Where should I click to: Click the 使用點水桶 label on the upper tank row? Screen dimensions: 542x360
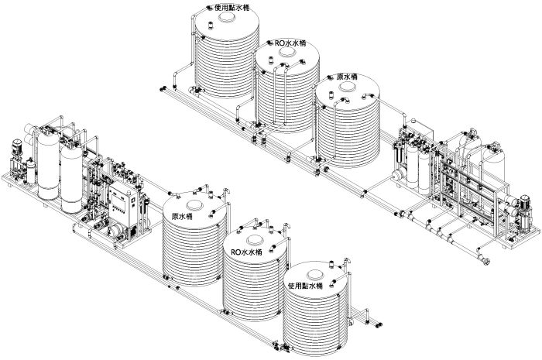pos(232,8)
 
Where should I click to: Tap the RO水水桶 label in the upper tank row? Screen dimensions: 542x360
pos(290,43)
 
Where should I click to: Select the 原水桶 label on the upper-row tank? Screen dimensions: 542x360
pos(347,77)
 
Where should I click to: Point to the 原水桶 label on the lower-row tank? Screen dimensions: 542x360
pos(182,217)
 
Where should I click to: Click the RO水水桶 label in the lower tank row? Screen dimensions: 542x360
pos(246,252)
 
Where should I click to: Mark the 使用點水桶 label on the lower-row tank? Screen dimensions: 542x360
pos(305,286)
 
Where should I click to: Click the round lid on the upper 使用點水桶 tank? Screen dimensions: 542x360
pos(227,17)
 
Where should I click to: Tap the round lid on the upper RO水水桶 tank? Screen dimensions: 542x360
pos(287,52)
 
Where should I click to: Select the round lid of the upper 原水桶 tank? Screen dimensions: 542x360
pos(348,87)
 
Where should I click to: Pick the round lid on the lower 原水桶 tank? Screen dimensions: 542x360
pos(195,206)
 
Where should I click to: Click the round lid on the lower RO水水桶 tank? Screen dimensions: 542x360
pos(256,240)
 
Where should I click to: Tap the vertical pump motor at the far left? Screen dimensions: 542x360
pos(17,149)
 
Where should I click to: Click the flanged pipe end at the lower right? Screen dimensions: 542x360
pos(485,260)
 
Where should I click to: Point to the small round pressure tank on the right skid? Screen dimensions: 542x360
pos(400,173)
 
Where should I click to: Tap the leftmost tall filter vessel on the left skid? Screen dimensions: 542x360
pos(48,165)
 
